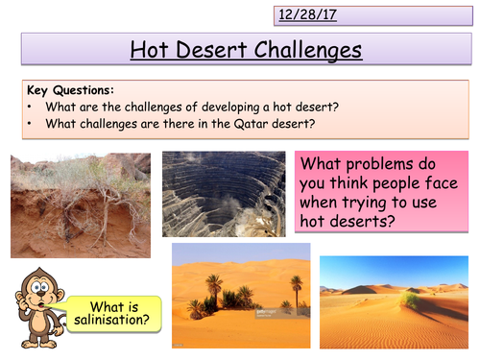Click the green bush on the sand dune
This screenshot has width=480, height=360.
coord(411,302)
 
